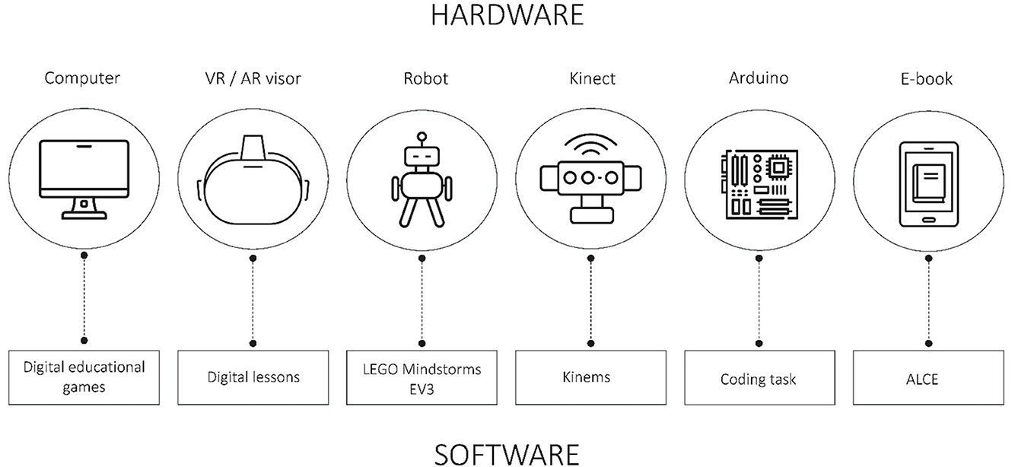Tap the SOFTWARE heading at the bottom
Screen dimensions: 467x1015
click(507, 453)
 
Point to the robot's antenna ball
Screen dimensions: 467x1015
click(421, 138)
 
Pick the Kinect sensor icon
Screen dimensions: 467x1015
click(590, 186)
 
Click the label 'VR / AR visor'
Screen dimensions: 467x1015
click(252, 78)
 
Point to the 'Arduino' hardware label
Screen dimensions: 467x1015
click(758, 78)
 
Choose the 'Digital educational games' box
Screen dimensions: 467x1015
click(84, 377)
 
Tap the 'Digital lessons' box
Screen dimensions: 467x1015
click(253, 377)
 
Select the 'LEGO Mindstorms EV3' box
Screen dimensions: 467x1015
click(422, 377)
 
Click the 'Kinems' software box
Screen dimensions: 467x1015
click(590, 377)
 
